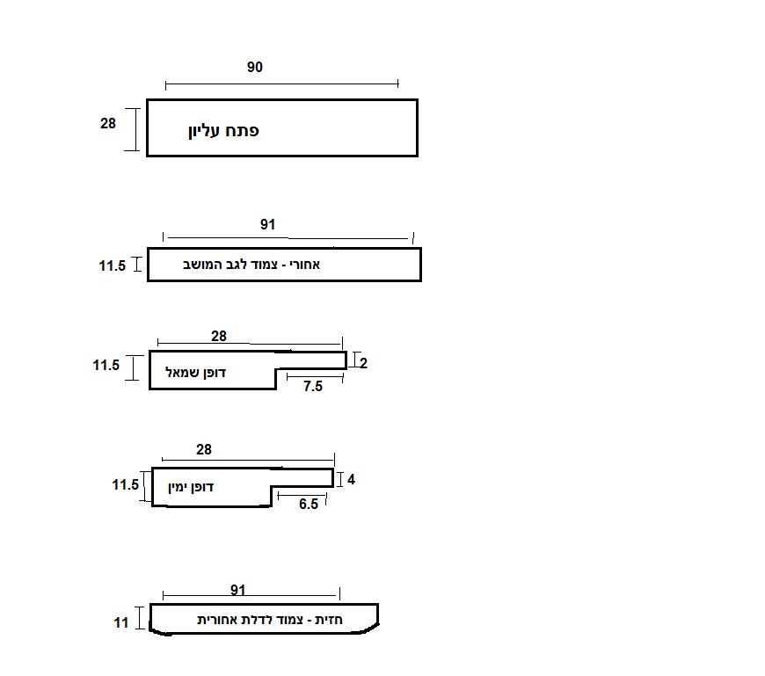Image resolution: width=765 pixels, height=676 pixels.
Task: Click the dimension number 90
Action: tap(254, 68)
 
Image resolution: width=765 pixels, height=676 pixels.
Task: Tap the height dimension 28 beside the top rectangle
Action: tap(107, 124)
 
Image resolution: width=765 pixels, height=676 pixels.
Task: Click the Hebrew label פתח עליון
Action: tap(223, 131)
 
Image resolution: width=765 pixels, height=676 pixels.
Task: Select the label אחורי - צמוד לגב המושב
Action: tap(245, 265)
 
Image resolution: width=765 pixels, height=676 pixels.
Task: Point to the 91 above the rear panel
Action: tap(267, 225)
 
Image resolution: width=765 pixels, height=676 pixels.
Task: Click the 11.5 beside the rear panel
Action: tap(113, 266)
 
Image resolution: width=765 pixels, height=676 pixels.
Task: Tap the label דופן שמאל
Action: tap(196, 373)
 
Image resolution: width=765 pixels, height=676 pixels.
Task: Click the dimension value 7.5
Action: tap(313, 386)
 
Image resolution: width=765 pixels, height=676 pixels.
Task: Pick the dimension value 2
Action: tap(363, 363)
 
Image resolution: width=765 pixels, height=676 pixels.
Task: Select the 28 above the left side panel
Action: tap(219, 336)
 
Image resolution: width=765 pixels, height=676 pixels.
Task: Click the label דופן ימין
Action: tap(192, 486)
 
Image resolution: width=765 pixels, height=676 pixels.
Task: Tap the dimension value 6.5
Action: tap(309, 505)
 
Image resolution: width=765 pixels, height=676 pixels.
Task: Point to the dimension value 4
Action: tap(351, 480)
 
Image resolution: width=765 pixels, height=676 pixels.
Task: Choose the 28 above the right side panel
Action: tap(204, 450)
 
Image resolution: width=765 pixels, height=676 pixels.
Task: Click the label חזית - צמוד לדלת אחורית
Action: tap(270, 620)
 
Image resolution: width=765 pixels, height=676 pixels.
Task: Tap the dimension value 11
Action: tap(121, 622)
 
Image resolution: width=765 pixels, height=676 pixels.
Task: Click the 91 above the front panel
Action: tap(238, 590)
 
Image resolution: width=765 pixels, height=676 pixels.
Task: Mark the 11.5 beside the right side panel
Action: tap(126, 484)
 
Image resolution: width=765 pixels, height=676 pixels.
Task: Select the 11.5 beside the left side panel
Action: tap(106, 365)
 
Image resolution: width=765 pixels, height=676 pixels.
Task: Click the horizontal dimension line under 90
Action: tap(281, 84)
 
